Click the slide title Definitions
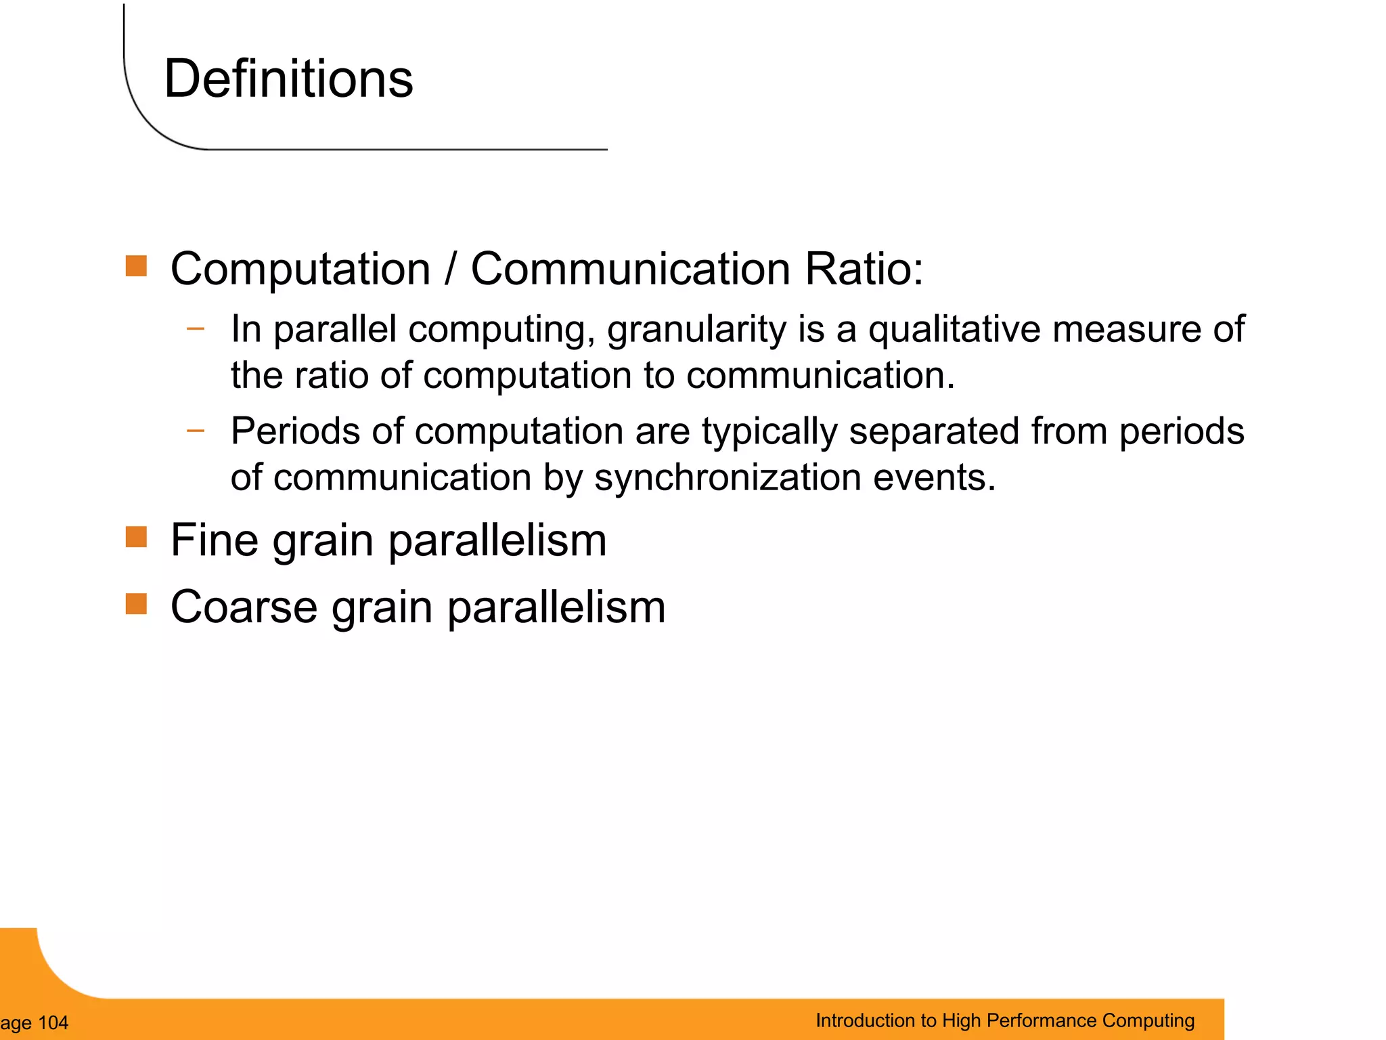tap(288, 79)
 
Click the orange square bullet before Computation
tap(136, 266)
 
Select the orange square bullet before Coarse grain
tap(136, 603)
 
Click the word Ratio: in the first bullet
tap(864, 269)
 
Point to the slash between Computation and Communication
tap(451, 269)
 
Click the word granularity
tap(696, 330)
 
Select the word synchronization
tap(728, 478)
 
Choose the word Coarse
tap(244, 607)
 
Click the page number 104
tap(53, 1022)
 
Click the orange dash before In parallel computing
tap(196, 329)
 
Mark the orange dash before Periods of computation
tap(196, 430)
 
